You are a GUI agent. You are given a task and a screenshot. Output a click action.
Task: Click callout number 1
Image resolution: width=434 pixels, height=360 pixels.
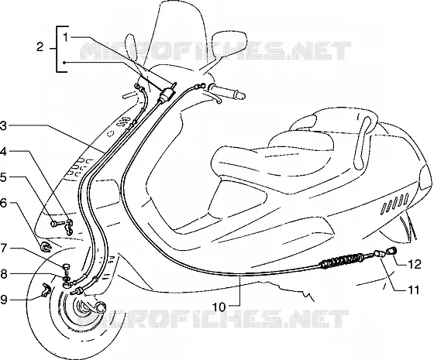[66, 38]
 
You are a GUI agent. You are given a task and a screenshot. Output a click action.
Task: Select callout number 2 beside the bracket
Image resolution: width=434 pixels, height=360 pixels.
[40, 47]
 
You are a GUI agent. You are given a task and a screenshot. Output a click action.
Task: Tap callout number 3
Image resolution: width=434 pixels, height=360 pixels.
[3, 126]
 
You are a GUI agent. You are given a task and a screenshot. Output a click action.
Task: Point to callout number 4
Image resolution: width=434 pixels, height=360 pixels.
[3, 152]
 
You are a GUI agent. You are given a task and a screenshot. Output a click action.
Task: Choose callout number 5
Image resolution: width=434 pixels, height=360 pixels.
[3, 177]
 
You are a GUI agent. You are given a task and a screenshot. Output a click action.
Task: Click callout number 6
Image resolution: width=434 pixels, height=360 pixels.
[3, 204]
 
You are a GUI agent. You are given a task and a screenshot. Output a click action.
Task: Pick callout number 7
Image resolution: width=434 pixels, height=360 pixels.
[3, 248]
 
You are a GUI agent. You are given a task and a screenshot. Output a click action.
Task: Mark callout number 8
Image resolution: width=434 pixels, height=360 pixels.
[3, 274]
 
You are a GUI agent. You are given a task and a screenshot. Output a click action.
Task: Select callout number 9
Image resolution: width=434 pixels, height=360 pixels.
[3, 300]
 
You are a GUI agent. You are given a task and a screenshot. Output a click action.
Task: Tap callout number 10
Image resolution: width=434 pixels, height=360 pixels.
[219, 307]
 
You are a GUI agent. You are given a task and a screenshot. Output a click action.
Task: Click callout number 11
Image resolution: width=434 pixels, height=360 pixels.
[413, 290]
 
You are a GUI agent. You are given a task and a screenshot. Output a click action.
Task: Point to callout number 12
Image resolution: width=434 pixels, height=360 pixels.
[414, 265]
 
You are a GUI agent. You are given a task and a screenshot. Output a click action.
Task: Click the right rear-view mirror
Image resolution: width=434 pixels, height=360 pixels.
[229, 43]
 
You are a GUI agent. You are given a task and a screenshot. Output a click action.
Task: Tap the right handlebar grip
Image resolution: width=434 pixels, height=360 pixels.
[227, 91]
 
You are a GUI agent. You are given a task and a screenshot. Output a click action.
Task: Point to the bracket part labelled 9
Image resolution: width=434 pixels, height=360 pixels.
[46, 290]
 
